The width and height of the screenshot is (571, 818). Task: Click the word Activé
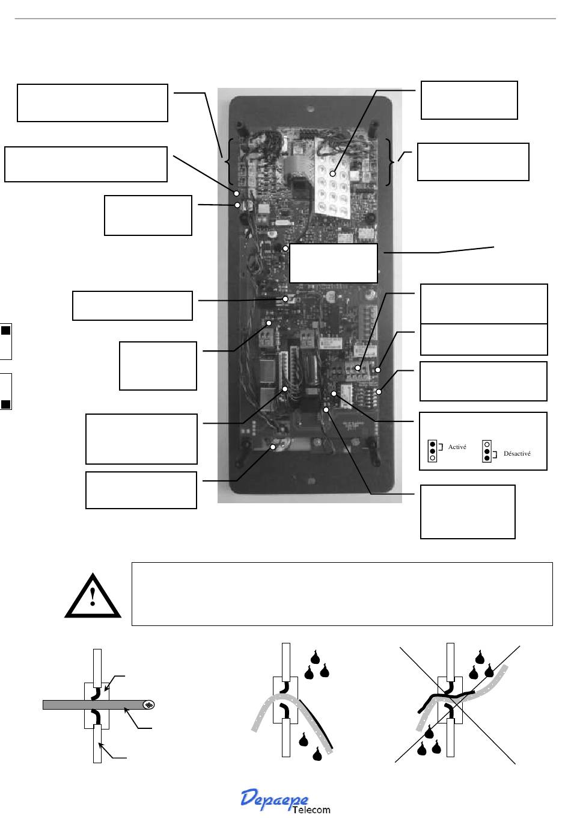[457, 448]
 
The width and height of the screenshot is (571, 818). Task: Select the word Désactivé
[517, 454]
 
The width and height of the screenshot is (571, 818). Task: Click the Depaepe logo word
[275, 798]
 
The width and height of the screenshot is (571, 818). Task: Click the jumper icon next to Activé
[432, 451]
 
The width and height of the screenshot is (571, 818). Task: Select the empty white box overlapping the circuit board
[334, 263]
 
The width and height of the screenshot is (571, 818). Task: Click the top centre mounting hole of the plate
[309, 110]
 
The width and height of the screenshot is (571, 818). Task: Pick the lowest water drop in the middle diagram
[317, 752]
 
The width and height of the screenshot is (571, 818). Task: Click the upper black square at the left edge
[5, 330]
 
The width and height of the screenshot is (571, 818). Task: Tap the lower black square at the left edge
[5, 404]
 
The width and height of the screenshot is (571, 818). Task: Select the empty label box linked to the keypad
[469, 100]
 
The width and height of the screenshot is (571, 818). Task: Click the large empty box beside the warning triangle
[341, 594]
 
